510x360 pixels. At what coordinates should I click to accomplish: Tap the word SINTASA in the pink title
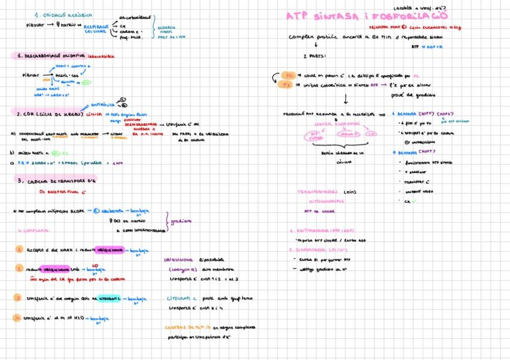coord(345,16)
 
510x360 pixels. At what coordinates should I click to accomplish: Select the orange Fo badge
coord(289,76)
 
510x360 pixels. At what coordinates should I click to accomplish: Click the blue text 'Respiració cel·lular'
coord(96,29)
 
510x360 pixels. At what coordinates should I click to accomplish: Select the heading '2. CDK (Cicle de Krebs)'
coord(51,113)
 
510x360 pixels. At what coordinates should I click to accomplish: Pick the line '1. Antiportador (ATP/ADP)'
coord(320,230)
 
